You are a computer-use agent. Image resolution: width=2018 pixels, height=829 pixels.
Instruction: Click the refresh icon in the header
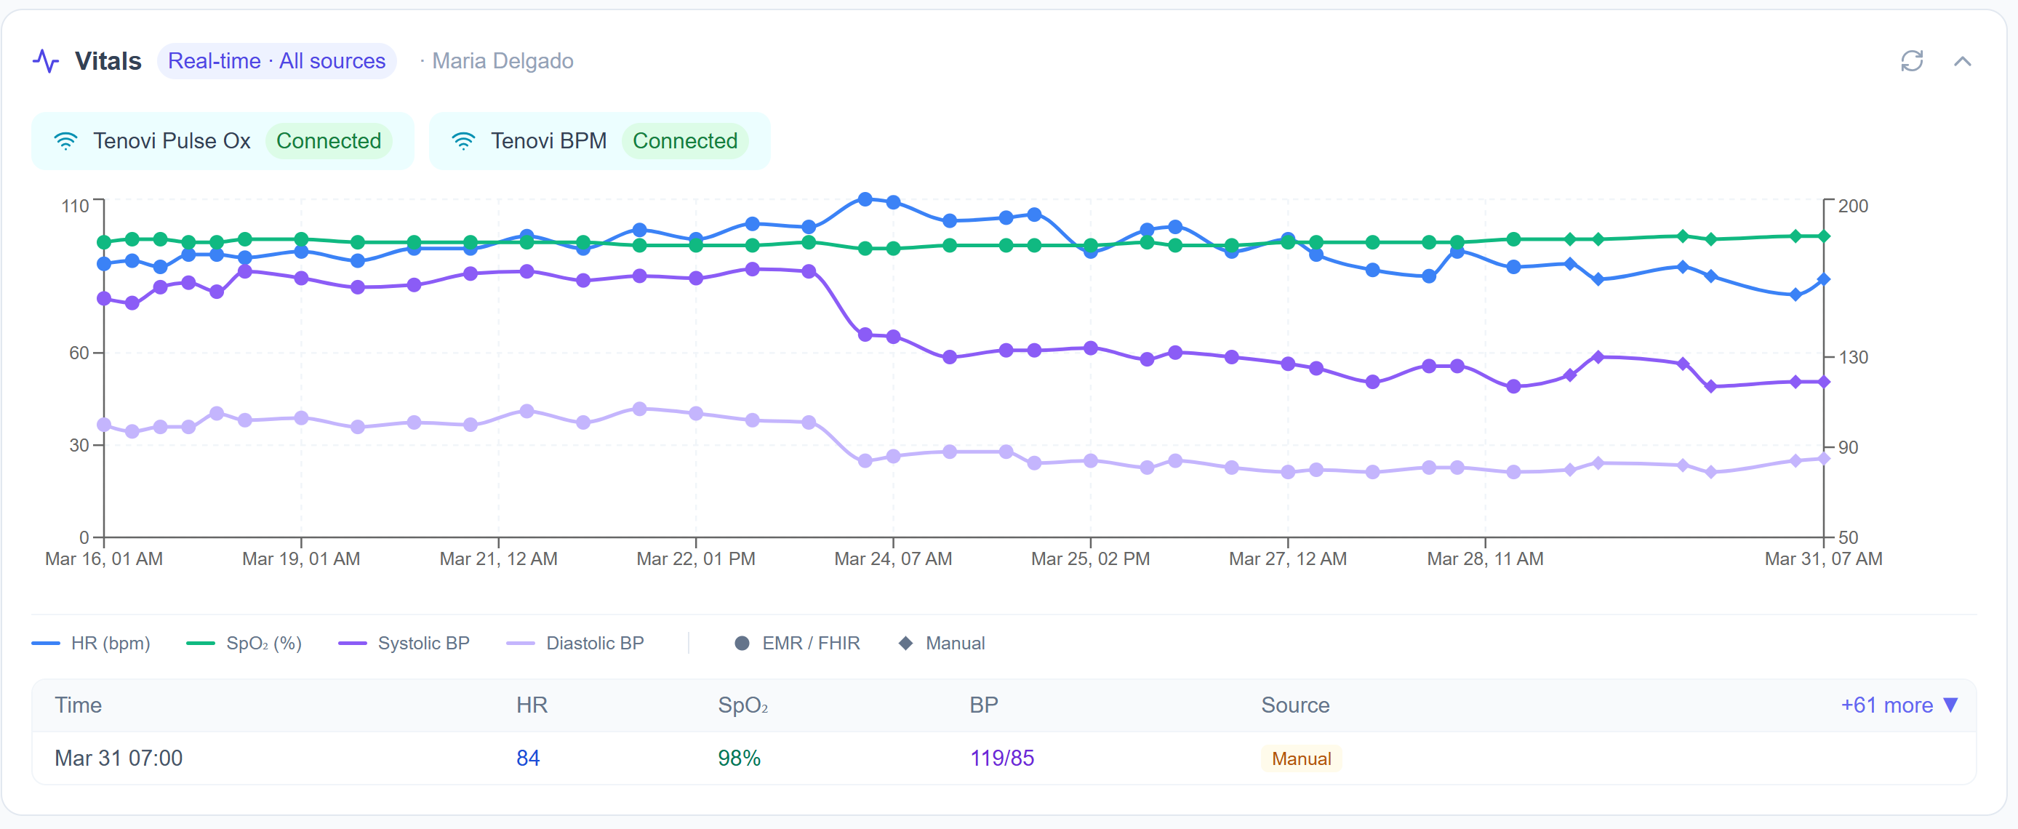pos(1911,61)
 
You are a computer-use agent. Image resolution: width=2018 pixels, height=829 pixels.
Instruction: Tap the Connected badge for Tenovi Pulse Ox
pos(328,141)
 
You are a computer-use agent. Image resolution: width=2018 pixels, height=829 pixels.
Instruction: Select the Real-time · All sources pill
pos(276,61)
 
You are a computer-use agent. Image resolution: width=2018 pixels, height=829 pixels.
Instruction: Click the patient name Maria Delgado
pos(503,61)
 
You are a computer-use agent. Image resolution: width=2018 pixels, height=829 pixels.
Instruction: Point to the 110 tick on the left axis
pos(75,206)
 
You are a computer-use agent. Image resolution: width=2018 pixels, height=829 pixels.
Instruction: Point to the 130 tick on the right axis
pos(1853,357)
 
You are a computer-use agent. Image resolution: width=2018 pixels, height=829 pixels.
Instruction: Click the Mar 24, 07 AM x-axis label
pos(892,558)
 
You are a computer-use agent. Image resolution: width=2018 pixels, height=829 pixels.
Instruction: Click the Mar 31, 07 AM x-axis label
pos(1822,558)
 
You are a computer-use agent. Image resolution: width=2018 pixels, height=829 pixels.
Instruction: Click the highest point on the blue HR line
pos(865,200)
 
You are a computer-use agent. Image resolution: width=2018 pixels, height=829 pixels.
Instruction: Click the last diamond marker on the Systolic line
pos(1824,383)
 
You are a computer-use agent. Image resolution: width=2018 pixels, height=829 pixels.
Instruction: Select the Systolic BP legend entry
pos(404,644)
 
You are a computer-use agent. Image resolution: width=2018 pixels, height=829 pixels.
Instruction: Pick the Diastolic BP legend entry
pos(576,644)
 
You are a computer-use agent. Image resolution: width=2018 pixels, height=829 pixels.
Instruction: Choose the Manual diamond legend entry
pos(941,644)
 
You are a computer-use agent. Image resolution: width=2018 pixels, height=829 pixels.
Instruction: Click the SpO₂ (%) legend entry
pos(244,644)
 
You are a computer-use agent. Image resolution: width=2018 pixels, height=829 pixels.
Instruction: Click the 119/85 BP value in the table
pos(1001,758)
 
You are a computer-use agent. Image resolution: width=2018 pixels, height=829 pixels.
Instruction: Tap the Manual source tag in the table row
pos(1300,758)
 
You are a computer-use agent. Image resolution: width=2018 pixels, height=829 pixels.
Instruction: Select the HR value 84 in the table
pos(527,758)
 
